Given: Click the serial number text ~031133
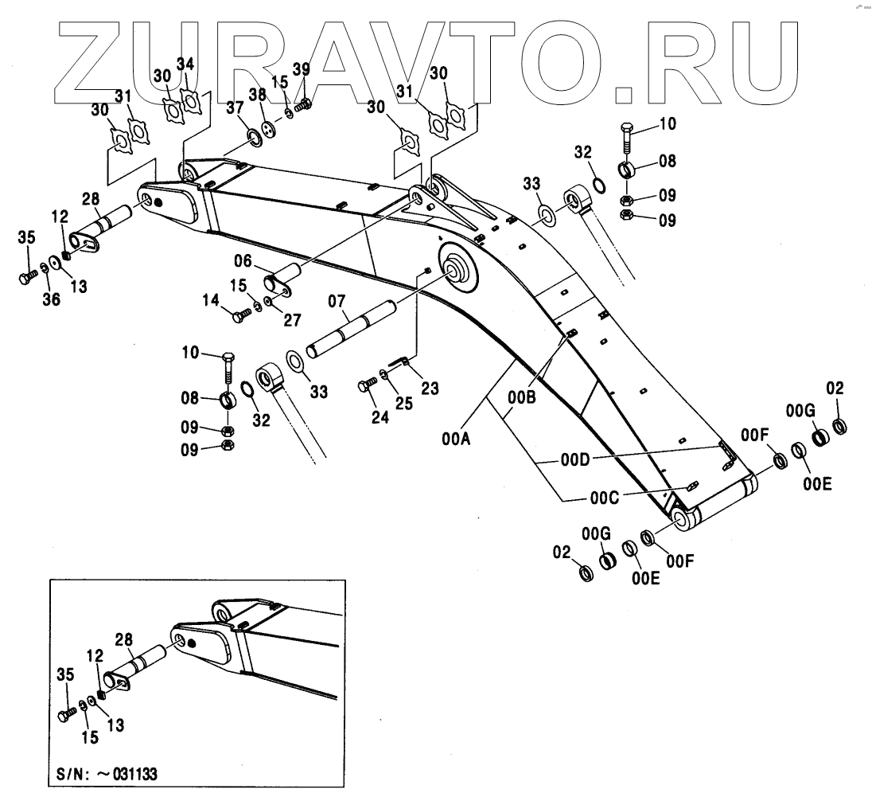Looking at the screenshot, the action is tap(128, 773).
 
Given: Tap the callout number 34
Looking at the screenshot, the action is tap(185, 64).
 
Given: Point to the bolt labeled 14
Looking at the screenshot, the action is tap(239, 316).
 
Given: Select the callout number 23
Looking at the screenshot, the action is tap(430, 388).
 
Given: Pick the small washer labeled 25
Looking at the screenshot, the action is tap(386, 375).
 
